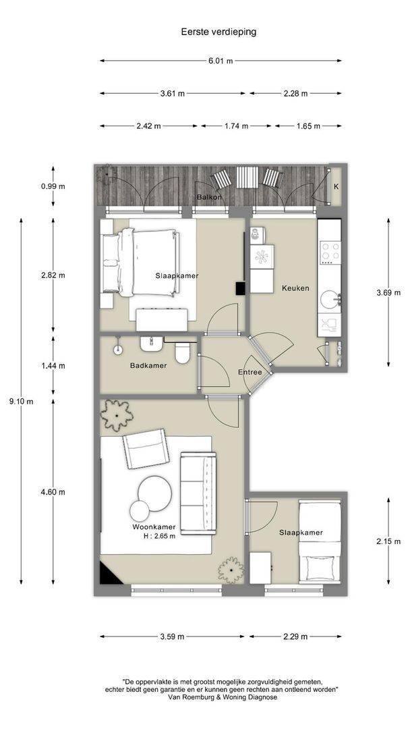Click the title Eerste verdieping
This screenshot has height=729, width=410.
tap(218, 32)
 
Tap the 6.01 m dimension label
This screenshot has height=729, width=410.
tap(221, 61)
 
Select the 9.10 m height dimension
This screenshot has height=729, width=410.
tap(22, 402)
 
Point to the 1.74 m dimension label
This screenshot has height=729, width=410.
tap(236, 126)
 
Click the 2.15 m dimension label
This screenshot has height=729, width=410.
tap(388, 541)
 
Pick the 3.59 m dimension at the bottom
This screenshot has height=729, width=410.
tap(172, 637)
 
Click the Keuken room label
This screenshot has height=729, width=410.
tap(295, 288)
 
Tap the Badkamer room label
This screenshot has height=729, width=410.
tap(148, 366)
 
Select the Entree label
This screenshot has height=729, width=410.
tap(250, 373)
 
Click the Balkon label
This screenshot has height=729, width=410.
tap(209, 197)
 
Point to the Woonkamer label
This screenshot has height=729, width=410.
tap(154, 527)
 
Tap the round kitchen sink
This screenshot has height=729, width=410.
tap(330, 300)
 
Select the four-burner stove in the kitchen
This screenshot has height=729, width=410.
tap(330, 252)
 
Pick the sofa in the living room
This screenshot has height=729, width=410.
tap(198, 493)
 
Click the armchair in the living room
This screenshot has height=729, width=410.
tap(145, 449)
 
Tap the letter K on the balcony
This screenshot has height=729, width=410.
tap(336, 187)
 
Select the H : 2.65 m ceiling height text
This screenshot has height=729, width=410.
tap(160, 536)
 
